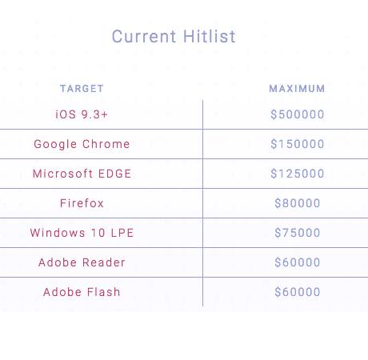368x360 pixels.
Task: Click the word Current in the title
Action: tap(144, 37)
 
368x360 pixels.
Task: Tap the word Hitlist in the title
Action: tap(210, 36)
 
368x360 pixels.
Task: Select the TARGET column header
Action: tap(82, 89)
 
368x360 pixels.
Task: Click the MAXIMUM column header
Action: tap(297, 89)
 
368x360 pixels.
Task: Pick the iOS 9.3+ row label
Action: tap(82, 114)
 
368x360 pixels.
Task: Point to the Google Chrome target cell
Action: tap(82, 144)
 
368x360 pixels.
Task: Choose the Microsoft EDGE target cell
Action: tap(82, 174)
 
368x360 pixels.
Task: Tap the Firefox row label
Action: tap(82, 203)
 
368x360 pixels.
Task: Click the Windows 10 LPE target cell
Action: tap(82, 233)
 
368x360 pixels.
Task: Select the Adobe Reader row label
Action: tap(82, 262)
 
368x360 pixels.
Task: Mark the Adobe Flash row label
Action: tap(82, 292)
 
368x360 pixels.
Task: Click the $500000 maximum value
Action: tap(298, 114)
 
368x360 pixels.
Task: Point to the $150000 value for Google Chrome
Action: tap(298, 144)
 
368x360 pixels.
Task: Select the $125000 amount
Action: tap(298, 174)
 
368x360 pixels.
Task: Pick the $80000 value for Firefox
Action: tap(298, 203)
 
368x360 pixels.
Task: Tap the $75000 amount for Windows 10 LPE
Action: tap(298, 233)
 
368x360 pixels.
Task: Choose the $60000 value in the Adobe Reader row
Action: tap(298, 262)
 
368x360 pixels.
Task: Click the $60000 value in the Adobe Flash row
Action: tap(298, 292)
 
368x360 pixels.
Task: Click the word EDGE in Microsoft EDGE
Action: tap(115, 174)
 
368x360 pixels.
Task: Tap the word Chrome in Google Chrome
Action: tap(106, 144)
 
